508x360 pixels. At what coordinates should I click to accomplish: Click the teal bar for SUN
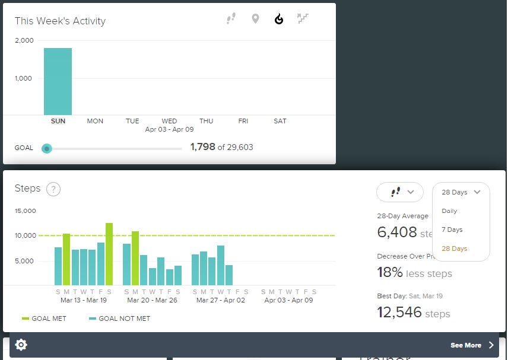coord(58,81)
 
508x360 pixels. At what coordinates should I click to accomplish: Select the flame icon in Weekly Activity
coord(279,19)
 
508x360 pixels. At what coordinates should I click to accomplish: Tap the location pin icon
coord(255,19)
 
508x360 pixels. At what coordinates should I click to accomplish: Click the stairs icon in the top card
coord(303,19)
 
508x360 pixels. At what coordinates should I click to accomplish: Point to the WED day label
coord(169,121)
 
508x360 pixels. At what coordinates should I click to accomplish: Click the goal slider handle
coord(47,148)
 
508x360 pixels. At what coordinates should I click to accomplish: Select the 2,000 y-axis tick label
coord(24,40)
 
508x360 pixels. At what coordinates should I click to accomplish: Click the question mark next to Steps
coord(53,189)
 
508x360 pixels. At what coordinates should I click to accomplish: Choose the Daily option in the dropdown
coord(449,211)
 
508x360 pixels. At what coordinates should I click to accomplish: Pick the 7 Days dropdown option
coord(452,230)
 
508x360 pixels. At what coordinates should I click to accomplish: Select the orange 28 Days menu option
coord(454,249)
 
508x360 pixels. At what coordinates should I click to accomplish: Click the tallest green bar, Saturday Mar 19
coord(109,254)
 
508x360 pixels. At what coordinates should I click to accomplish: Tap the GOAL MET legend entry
coord(45,318)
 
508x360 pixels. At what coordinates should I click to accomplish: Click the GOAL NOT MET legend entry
coord(119,318)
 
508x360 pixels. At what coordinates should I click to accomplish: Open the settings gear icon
coord(21,345)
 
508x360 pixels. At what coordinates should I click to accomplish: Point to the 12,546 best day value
coord(399,312)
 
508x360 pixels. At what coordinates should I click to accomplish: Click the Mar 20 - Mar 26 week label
coord(152,300)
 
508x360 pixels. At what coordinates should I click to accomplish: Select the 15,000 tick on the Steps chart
coord(24,211)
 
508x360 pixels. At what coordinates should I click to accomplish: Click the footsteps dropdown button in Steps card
coord(399,192)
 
